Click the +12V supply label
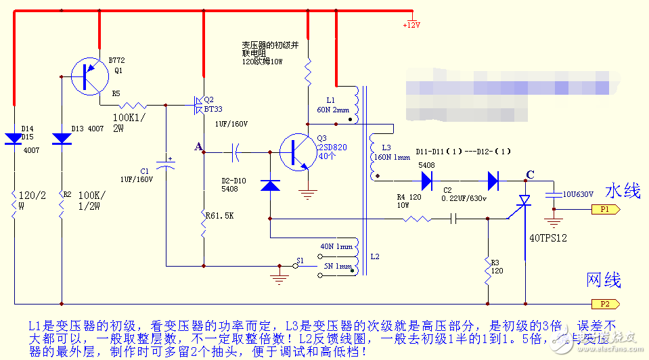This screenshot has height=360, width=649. (x=411, y=25)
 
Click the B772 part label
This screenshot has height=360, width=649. (x=116, y=60)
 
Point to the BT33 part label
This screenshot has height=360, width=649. (x=213, y=108)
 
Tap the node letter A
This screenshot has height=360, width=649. (x=198, y=146)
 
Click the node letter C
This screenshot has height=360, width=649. (x=530, y=175)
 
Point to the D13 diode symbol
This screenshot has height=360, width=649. (x=62, y=139)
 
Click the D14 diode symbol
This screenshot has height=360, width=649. (x=14, y=139)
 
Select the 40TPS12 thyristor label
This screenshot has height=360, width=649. (x=548, y=238)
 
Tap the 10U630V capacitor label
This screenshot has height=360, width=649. (x=579, y=194)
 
